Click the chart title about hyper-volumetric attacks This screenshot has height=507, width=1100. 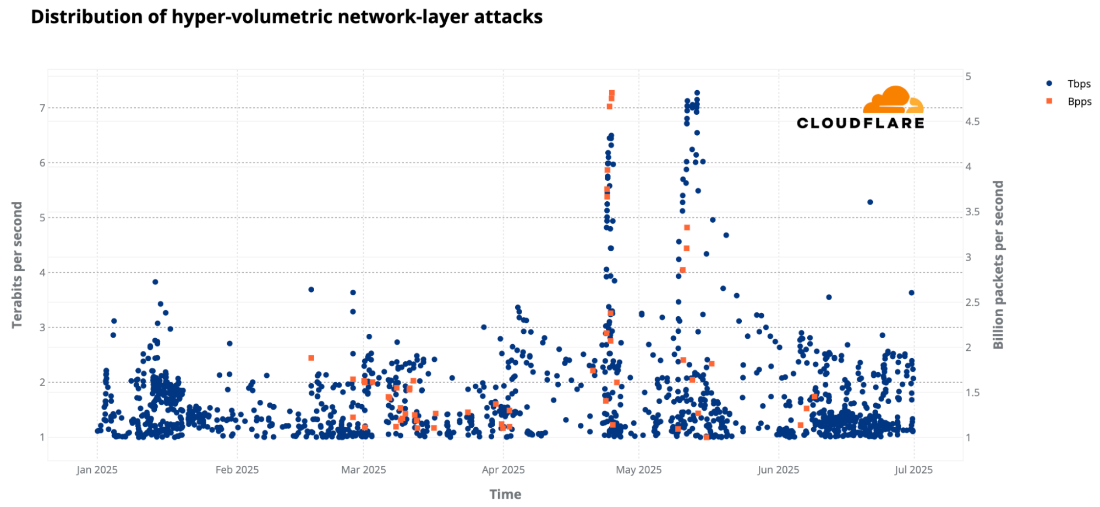point(287,17)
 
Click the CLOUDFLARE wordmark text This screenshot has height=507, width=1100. point(860,123)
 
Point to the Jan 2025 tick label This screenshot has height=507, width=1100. point(97,470)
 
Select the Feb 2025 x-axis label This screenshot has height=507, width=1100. point(237,470)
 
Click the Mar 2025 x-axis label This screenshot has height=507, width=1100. point(363,470)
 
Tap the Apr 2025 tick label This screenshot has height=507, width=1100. point(503,470)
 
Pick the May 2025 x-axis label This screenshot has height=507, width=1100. point(638,470)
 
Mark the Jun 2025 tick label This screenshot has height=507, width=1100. point(778,470)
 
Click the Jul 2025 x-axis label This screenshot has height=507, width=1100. point(913,470)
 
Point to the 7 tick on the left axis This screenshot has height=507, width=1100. point(42,108)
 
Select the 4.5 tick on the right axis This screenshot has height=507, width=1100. point(972,122)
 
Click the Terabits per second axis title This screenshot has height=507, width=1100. point(17,264)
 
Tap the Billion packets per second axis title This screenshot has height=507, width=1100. point(998,264)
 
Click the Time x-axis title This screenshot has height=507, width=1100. point(505,494)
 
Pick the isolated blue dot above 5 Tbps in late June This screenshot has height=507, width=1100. point(870,202)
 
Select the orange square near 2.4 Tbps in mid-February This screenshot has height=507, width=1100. point(311,358)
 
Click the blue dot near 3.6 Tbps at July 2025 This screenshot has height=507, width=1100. point(911,293)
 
